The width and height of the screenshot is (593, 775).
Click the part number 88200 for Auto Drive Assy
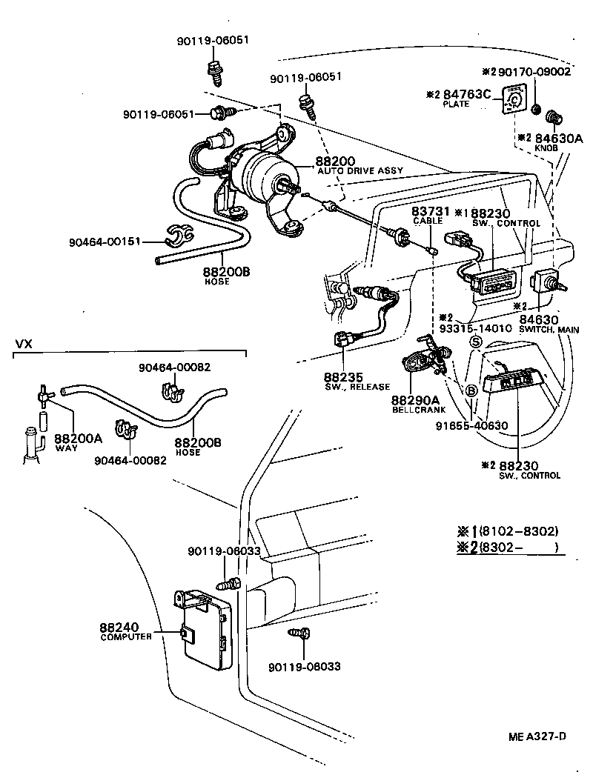point(336,161)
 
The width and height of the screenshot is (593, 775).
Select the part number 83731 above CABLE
point(428,211)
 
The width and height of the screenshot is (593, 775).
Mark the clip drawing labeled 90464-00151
point(178,236)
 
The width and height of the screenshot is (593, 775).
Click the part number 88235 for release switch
point(341,376)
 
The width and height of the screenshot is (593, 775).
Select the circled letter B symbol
point(471,390)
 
